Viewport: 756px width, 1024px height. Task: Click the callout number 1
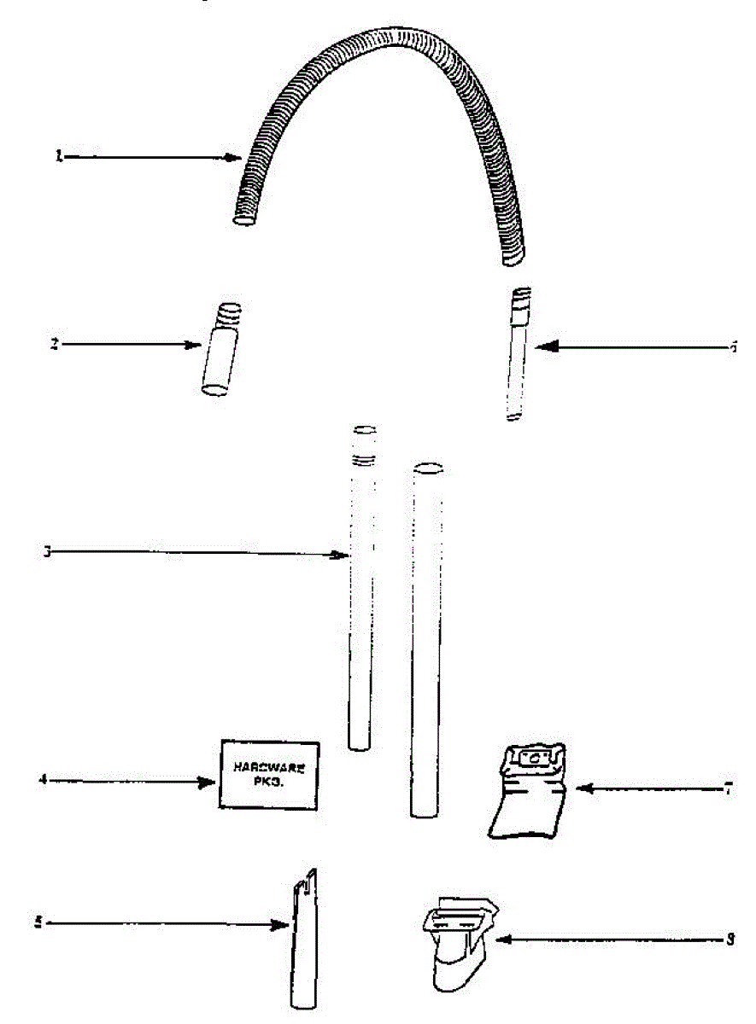[59, 157]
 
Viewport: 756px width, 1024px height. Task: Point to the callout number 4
[42, 779]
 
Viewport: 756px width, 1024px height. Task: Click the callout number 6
[734, 347]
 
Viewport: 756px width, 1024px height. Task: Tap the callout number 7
[727, 788]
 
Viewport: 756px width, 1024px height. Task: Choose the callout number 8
[730, 940]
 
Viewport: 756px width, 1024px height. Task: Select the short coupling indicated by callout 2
[218, 350]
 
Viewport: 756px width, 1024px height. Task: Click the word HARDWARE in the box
[269, 766]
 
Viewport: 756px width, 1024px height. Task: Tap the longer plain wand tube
[427, 640]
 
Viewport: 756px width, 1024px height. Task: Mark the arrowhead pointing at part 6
[546, 346]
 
